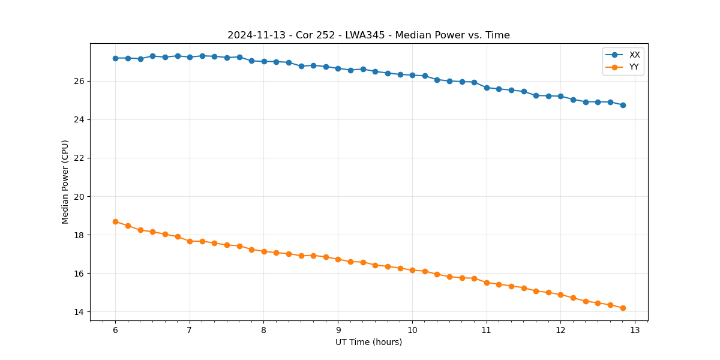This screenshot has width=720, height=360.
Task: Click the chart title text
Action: point(368,35)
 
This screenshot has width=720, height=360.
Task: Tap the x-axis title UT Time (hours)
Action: point(368,342)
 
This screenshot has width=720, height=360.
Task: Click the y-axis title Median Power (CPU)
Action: point(65,182)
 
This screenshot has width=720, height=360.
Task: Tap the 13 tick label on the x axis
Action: point(635,330)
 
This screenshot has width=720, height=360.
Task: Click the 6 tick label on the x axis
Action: point(115,330)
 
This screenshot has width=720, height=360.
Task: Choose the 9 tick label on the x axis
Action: point(338,330)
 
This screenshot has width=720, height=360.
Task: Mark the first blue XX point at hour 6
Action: point(115,58)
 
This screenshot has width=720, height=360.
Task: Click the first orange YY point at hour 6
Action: point(115,221)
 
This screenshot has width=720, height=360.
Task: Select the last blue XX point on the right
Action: point(623,105)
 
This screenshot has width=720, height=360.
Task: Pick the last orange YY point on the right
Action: point(623,308)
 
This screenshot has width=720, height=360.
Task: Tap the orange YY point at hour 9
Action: point(338,259)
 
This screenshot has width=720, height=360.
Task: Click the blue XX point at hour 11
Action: point(487,88)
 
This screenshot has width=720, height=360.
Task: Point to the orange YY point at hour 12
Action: point(560,295)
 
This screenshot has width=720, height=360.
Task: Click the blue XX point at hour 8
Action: point(264,61)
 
